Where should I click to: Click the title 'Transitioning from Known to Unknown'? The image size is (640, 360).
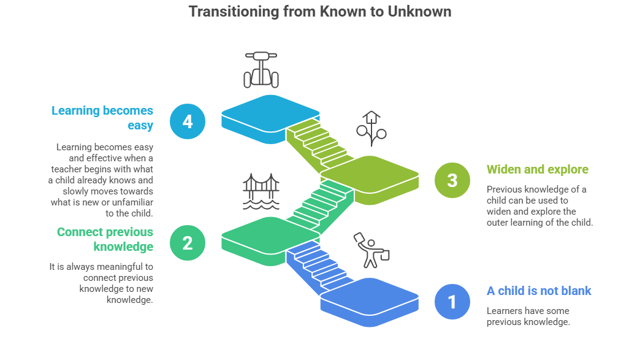coord(319,12)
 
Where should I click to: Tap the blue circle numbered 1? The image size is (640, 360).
coord(452,302)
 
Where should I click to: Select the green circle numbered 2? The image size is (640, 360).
coord(187,242)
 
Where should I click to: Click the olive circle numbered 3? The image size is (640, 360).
coord(452,180)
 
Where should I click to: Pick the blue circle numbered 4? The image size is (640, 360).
coord(187,121)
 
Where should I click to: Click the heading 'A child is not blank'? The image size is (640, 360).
coord(539,291)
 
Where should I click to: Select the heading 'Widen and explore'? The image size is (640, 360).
coord(537,169)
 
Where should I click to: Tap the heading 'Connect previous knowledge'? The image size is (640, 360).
coord(105,239)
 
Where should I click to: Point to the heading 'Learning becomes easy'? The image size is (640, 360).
coord(102,118)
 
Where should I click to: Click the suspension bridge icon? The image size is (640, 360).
coord(261,190)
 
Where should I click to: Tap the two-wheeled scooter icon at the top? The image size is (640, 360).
coord(261,69)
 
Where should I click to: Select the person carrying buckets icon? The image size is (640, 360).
coord(371,250)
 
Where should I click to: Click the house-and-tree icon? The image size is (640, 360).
coord(371,129)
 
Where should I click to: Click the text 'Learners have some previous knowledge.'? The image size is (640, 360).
coord(528,316)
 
